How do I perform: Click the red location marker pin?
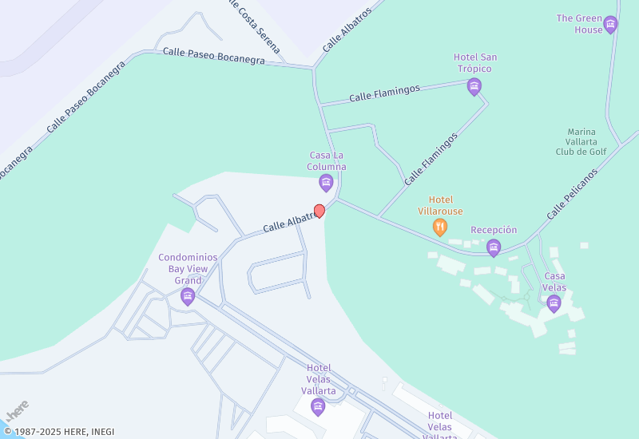(x=319, y=211)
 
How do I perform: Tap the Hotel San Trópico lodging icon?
(x=474, y=86)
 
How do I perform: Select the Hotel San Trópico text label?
(x=475, y=62)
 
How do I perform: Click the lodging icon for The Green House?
(x=610, y=25)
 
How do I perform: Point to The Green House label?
(x=580, y=24)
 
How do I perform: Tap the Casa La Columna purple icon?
(x=326, y=183)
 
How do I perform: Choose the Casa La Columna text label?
(x=327, y=161)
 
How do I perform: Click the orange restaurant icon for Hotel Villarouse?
(x=439, y=227)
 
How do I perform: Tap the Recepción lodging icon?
(x=494, y=247)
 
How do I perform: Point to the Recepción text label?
(x=494, y=230)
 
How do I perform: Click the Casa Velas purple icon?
(x=554, y=303)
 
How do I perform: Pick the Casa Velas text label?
(x=554, y=282)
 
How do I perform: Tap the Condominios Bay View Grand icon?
(x=188, y=297)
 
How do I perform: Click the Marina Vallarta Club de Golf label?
(x=581, y=141)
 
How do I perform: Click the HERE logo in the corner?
(x=18, y=411)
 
